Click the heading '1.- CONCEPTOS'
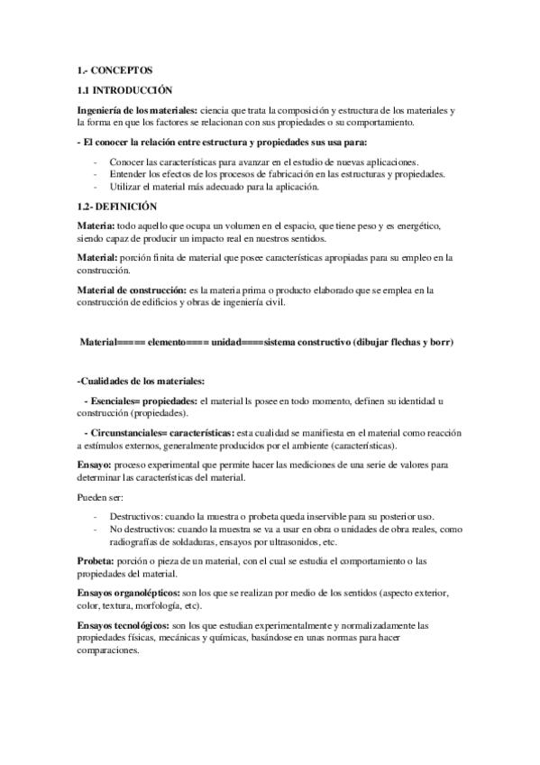115,69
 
